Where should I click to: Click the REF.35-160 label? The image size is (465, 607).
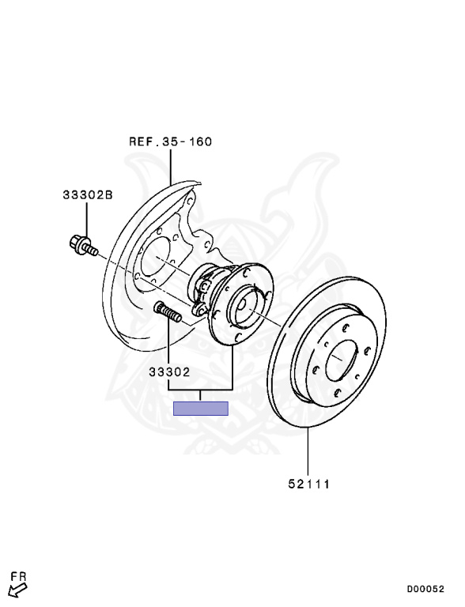pos(171,141)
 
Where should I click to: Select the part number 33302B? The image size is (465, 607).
pos(88,194)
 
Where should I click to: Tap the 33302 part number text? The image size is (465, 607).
pos(170,372)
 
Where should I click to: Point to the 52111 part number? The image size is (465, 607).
pos(309,484)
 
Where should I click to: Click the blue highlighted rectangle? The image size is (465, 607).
pos(201,408)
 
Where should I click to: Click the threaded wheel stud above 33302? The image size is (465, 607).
pos(168,311)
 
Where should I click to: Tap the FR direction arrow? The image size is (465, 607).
pos(17,591)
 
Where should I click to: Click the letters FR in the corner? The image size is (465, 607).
pos(18,577)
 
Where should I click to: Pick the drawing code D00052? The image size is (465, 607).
pos(425,589)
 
